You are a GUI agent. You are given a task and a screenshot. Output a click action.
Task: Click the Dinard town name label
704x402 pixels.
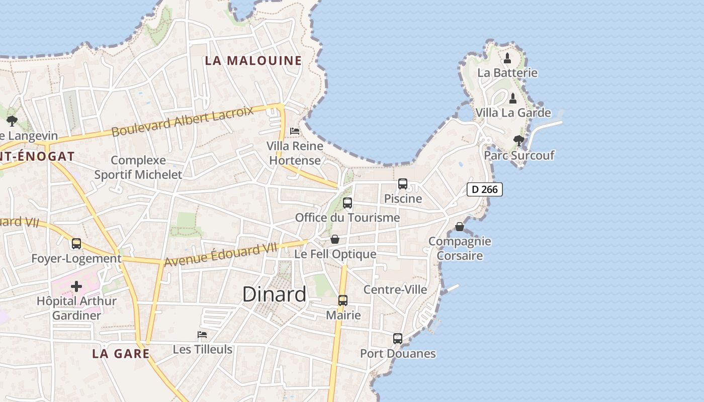click(x=274, y=294)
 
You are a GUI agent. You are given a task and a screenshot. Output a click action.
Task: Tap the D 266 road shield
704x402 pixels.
click(x=485, y=189)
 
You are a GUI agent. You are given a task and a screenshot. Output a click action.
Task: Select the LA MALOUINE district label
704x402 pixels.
click(x=253, y=61)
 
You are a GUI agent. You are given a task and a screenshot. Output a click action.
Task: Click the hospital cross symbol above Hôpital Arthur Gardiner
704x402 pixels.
click(x=76, y=286)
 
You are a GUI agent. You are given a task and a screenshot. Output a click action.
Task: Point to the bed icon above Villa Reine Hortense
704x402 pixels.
click(x=295, y=131)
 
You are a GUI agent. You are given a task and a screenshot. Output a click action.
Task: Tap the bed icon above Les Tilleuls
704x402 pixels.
click(x=202, y=335)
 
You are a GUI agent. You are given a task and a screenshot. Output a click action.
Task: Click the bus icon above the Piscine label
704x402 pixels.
click(x=403, y=184)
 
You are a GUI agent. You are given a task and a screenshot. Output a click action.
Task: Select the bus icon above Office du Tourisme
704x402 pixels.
click(x=347, y=203)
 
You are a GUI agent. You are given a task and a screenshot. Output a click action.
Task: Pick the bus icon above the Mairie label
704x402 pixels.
click(x=343, y=300)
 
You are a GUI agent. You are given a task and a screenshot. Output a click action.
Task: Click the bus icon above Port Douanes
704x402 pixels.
click(x=398, y=339)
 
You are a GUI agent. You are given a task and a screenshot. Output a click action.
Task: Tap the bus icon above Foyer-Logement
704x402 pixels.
click(x=76, y=244)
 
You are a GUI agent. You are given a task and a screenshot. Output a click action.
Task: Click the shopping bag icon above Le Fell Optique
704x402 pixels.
click(x=335, y=239)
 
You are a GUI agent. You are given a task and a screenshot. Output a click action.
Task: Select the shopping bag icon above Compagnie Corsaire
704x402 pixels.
click(x=460, y=227)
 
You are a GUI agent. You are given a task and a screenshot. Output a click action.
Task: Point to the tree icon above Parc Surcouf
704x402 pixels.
click(x=518, y=141)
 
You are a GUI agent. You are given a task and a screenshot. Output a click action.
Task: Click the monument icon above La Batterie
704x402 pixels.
click(x=507, y=58)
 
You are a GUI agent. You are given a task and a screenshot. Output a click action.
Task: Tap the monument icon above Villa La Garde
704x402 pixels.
click(x=513, y=98)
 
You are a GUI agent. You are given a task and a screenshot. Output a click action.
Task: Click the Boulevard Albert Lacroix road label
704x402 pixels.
click(x=183, y=121)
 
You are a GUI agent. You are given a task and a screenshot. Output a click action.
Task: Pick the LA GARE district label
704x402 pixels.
click(x=121, y=354)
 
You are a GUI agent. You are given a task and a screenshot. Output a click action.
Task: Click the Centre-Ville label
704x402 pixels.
click(x=395, y=289)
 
